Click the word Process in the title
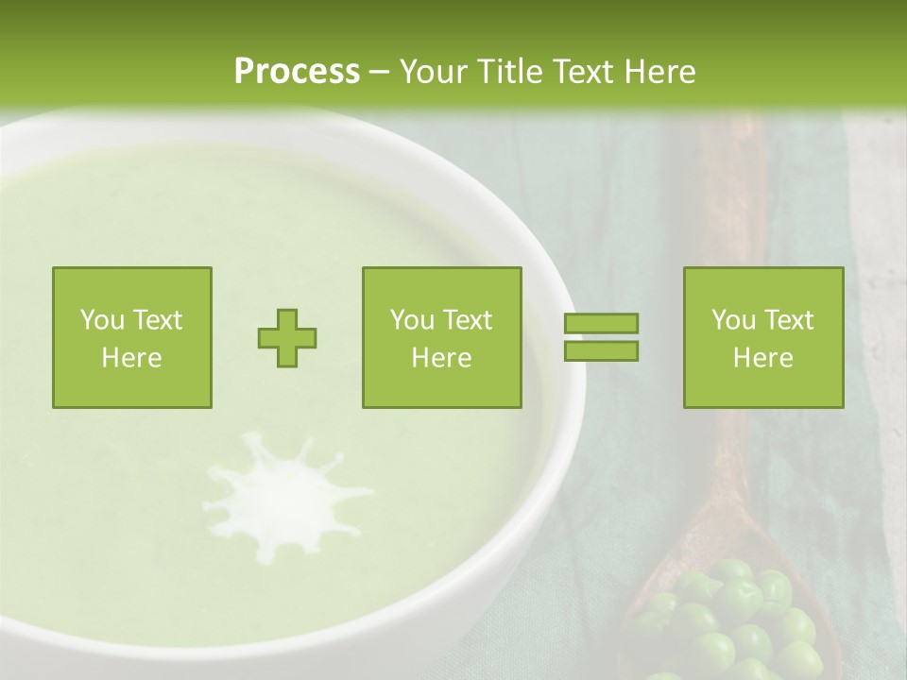tap(297, 72)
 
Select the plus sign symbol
tap(287, 337)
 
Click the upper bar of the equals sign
tap(601, 324)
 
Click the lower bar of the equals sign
tap(601, 350)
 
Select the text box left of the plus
tap(132, 337)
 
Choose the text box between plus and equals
tap(441, 337)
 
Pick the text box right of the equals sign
tap(763, 337)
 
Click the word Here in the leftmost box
tap(132, 357)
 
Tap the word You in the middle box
tap(412, 320)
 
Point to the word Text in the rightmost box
tap(788, 320)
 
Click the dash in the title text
tap(379, 73)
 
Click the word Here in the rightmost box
tap(763, 357)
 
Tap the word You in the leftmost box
tap(101, 320)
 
